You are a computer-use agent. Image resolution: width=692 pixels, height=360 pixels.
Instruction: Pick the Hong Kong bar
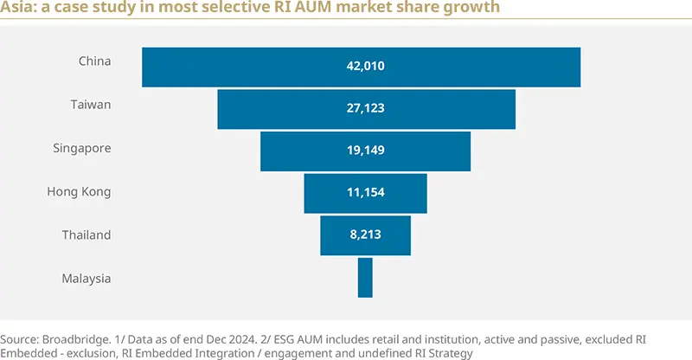tap(324, 193)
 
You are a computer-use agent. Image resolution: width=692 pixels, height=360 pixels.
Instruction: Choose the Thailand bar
tap(333, 235)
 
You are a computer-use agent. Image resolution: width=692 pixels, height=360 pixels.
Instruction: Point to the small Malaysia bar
tap(365, 278)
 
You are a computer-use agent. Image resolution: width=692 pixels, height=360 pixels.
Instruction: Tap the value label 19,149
tap(365, 151)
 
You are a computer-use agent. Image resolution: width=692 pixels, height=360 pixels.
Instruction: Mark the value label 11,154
tap(365, 193)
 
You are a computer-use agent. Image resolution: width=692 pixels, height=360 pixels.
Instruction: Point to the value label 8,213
tap(365, 235)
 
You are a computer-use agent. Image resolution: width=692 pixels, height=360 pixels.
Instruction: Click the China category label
tap(94, 61)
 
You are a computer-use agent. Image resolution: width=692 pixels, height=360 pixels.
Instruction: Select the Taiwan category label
tap(91, 105)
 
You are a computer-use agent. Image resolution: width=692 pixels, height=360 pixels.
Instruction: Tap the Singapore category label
tap(82, 148)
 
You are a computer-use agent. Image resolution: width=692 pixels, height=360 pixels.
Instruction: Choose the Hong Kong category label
tap(79, 192)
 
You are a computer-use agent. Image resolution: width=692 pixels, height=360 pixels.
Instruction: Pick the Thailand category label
tap(86, 235)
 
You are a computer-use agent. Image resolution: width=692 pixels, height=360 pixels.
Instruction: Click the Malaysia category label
tap(86, 278)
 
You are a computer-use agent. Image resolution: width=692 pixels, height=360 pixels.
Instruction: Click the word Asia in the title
tap(17, 9)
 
